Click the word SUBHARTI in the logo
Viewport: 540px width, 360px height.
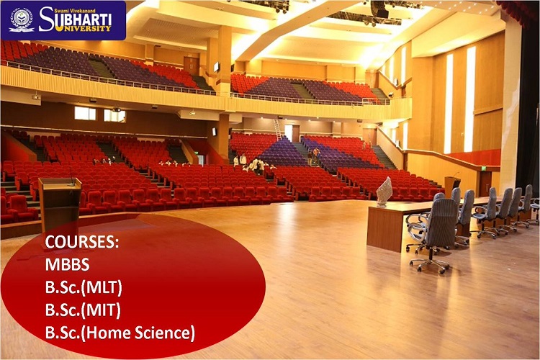(75, 19)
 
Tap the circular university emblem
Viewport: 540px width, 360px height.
(22, 19)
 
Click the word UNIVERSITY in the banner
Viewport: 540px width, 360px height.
(87, 28)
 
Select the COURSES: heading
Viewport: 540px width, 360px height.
(82, 242)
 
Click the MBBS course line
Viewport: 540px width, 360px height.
(67, 264)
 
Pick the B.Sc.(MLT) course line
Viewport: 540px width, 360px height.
(84, 288)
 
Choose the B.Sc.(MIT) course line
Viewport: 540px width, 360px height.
(83, 310)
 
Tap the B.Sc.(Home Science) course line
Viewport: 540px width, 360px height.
(120, 333)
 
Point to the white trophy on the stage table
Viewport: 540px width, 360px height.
(384, 192)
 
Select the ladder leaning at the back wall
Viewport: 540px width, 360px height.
(278, 130)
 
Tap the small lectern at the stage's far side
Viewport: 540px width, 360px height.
(452, 186)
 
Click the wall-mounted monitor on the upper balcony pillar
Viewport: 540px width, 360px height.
(216, 67)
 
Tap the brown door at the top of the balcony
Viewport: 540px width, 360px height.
(191, 66)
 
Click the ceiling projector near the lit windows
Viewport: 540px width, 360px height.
(117, 109)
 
